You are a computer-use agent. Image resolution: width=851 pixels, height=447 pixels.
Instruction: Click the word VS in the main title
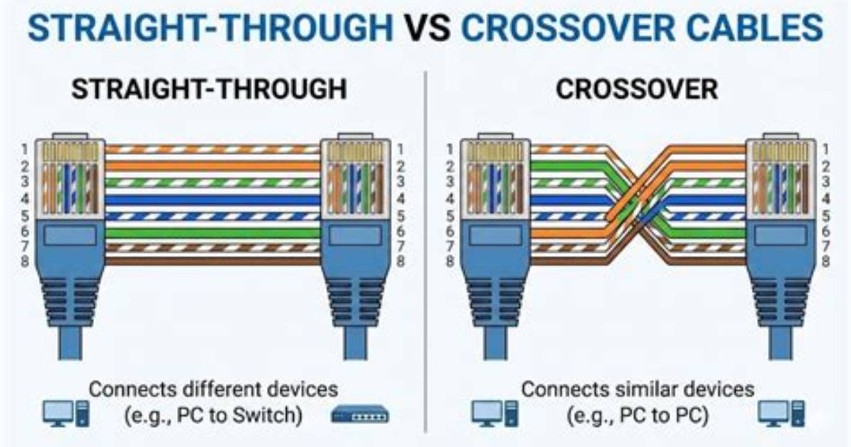point(428,28)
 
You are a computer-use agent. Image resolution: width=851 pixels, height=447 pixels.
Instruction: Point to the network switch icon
point(360,415)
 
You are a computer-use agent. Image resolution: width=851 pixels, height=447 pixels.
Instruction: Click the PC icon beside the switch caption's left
point(65,414)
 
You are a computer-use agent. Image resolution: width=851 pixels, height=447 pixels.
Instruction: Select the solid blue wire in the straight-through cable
point(212,200)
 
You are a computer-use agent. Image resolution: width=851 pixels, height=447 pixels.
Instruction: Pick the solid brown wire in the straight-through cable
point(212,261)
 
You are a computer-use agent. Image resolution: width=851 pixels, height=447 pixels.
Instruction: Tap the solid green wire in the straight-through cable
point(212,233)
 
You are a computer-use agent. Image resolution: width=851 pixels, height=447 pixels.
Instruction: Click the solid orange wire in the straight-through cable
point(212,166)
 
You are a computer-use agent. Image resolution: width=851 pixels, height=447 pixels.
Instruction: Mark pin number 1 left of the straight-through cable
point(24,148)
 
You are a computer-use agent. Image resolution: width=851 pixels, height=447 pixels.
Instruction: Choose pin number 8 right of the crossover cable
point(825,261)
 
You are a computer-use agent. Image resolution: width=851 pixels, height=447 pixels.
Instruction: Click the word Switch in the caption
point(267,416)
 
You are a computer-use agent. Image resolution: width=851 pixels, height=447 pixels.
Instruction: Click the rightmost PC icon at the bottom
point(781,414)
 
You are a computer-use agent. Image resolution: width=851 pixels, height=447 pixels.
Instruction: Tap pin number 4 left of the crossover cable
point(450,199)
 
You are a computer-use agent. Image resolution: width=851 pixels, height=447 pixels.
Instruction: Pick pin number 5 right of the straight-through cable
point(401,216)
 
